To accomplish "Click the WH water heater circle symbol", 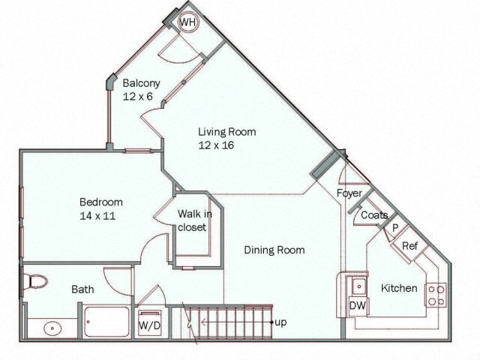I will [x=187, y=23].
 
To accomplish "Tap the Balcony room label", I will [x=141, y=83].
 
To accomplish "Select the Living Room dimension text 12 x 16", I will [x=217, y=145].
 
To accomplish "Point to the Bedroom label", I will [x=101, y=202].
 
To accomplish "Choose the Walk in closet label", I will [x=193, y=220].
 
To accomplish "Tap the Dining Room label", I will [x=274, y=250].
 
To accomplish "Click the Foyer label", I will [x=349, y=193].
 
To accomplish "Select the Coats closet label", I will [x=374, y=215].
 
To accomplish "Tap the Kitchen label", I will [x=399, y=288].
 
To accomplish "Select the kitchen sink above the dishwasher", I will [x=357, y=286].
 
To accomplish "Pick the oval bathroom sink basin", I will [x=52, y=328].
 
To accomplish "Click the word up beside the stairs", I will [x=280, y=322].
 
